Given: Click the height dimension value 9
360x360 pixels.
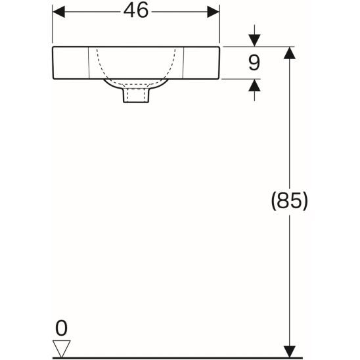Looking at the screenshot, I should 254,63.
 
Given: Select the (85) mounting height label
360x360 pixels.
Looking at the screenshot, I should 288,201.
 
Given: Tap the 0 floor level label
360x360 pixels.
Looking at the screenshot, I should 62,326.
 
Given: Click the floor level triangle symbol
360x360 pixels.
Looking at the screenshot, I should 62,347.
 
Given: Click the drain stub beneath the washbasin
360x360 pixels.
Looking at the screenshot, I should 136,96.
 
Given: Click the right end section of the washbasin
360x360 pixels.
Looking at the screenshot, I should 201,63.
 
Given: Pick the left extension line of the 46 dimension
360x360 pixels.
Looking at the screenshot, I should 53,26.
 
